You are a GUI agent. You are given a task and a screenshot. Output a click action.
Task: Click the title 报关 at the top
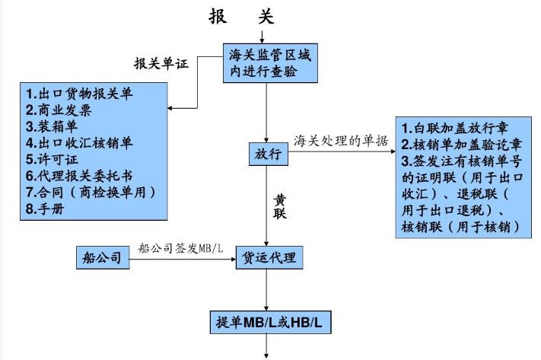coord(241,16)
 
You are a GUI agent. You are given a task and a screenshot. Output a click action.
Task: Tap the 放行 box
coord(266,155)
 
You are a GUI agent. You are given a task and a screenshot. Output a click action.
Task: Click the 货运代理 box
coord(268,257)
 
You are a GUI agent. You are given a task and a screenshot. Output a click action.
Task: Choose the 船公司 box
coord(102,257)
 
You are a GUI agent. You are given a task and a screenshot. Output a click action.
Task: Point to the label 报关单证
coord(161,63)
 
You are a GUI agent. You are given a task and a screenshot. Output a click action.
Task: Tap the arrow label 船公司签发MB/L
coord(180,248)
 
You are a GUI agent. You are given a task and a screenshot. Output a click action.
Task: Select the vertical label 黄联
coord(280,206)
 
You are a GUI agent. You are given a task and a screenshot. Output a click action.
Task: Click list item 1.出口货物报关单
coord(78,94)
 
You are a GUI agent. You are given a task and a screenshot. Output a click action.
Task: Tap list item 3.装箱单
coord(53,126)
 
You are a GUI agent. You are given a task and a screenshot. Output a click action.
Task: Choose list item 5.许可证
coord(53,159)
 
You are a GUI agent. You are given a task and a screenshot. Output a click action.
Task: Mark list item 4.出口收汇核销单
coord(78,143)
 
